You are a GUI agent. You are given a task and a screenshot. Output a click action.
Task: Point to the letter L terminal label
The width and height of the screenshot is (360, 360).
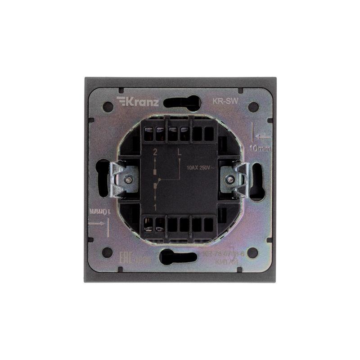[180, 153]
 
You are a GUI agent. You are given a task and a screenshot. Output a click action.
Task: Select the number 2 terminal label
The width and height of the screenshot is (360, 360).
[156, 153]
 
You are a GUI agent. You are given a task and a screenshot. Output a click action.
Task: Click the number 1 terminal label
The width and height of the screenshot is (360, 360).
[155, 207]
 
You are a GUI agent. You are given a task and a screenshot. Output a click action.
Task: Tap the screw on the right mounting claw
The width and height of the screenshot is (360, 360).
[230, 179]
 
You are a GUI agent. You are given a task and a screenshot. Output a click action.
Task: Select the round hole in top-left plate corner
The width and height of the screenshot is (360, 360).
[108, 107]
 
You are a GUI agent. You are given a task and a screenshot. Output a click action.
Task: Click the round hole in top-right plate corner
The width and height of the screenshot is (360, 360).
[253, 107]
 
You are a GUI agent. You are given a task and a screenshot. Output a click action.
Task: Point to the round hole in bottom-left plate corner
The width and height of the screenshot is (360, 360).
[108, 252]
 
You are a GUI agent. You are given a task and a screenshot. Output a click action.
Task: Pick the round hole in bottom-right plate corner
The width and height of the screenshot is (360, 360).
[253, 252]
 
